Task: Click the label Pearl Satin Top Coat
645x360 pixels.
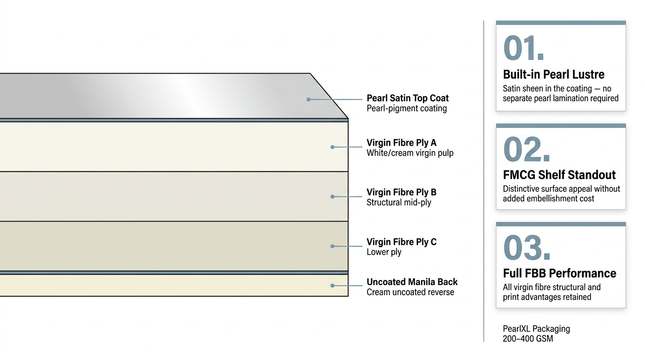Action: point(407,98)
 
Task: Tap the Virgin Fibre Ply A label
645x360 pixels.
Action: point(401,142)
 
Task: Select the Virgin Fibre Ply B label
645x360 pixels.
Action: point(401,192)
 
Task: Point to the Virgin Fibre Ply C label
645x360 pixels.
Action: point(401,242)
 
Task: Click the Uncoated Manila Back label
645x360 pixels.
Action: point(412,282)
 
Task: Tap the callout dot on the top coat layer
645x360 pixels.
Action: point(308,99)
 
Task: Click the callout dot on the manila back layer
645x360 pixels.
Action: point(332,285)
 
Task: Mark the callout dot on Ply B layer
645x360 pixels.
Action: point(332,196)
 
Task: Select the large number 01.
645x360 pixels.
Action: point(524,48)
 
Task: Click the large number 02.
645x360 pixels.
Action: point(526,150)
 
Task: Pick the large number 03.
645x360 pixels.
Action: point(526,248)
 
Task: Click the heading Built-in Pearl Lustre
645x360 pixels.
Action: point(554,75)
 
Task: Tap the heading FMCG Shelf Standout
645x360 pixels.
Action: point(559,175)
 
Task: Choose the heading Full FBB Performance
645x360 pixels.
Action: point(560,273)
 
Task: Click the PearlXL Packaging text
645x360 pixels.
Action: point(536,329)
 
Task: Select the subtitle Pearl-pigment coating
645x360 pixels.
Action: point(406,108)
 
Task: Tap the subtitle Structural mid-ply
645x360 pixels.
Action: point(398,202)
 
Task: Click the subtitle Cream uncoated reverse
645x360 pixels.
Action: point(410,292)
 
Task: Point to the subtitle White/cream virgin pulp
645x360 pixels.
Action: point(410,153)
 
